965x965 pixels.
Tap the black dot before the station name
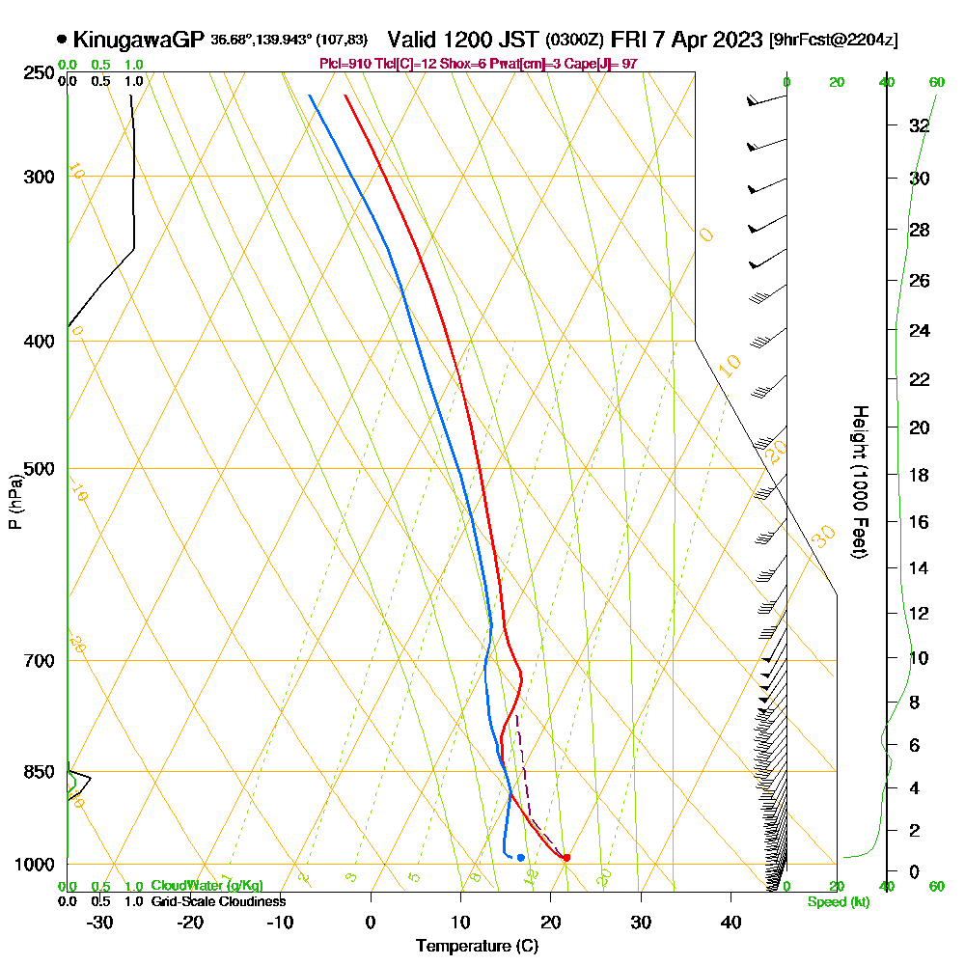pyautogui.click(x=63, y=40)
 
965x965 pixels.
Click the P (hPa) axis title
pyautogui.click(x=14, y=502)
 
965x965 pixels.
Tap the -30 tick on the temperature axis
pyautogui.click(x=100, y=922)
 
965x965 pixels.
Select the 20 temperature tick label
pyautogui.click(x=550, y=922)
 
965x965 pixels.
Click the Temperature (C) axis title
pyautogui.click(x=477, y=946)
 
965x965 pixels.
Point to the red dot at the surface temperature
pyautogui.click(x=566, y=857)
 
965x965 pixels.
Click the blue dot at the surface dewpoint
pyautogui.click(x=520, y=857)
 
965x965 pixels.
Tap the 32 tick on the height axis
pyautogui.click(x=919, y=125)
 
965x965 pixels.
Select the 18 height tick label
pyautogui.click(x=919, y=475)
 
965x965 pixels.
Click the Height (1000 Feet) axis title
pyautogui.click(x=858, y=482)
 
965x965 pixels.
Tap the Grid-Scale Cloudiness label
pyautogui.click(x=218, y=901)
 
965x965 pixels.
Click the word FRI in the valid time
pyautogui.click(x=629, y=40)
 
